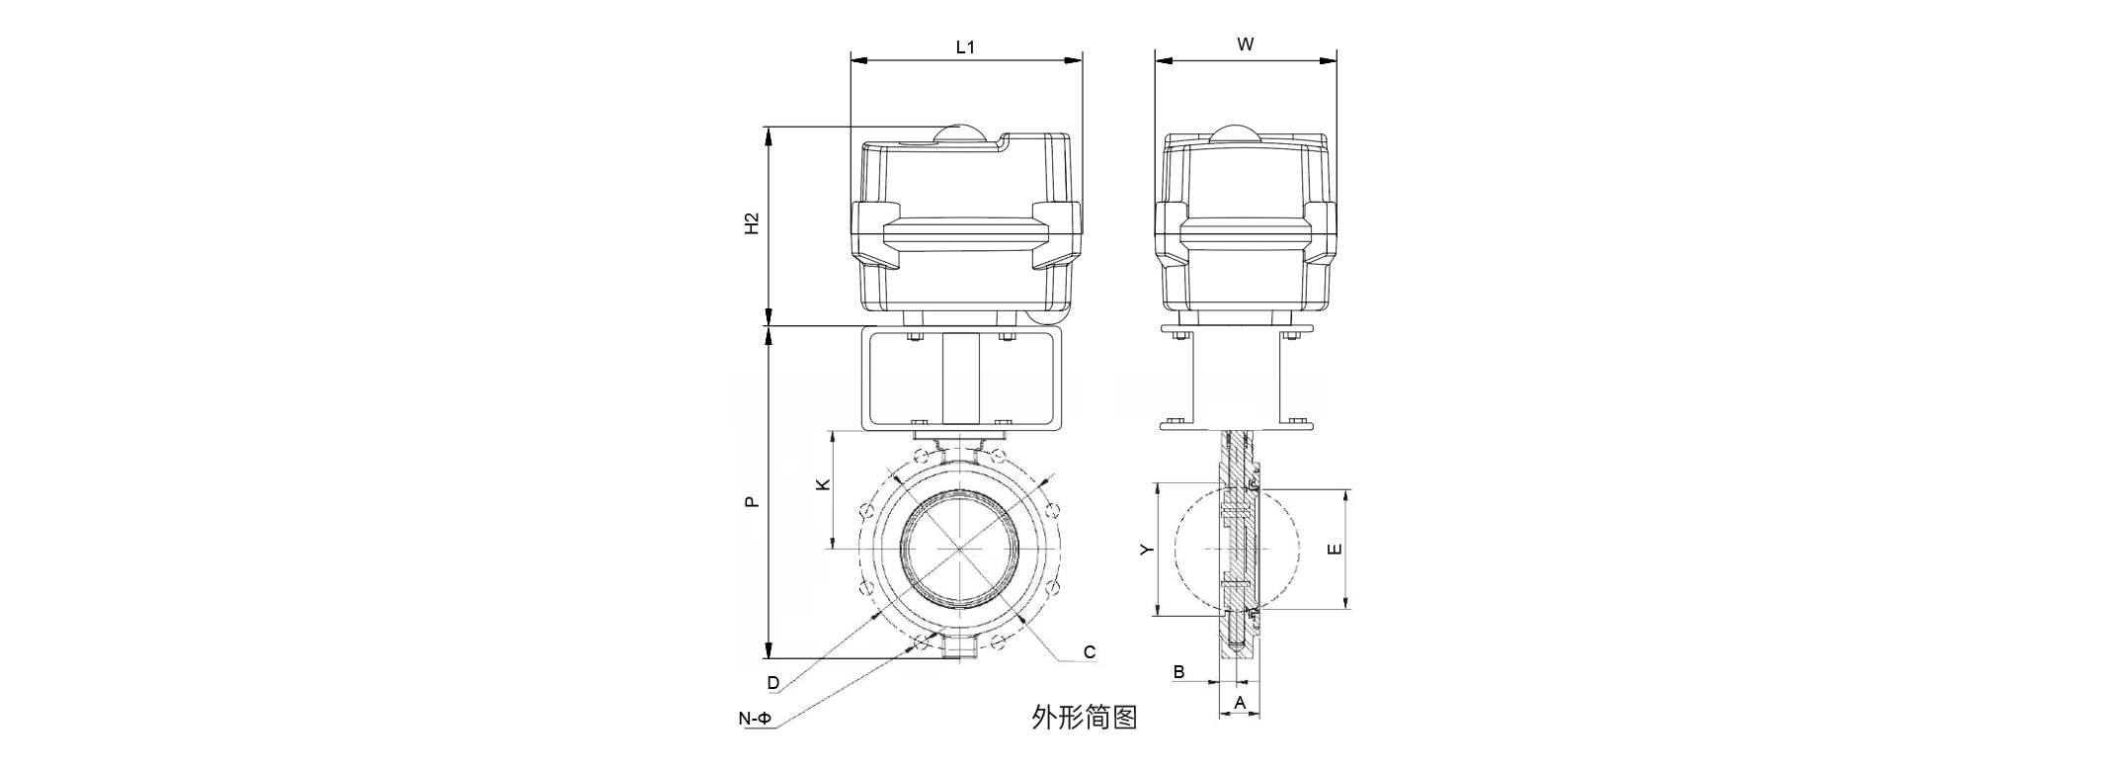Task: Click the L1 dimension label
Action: tap(965, 46)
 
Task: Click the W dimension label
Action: tap(1246, 44)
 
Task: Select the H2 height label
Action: tap(752, 223)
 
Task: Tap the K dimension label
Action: tap(822, 484)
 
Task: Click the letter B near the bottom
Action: tap(1178, 672)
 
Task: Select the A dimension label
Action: tap(1241, 703)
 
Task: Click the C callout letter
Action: tap(1090, 652)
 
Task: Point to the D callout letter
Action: tap(773, 683)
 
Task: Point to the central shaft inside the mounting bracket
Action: tap(960, 381)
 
